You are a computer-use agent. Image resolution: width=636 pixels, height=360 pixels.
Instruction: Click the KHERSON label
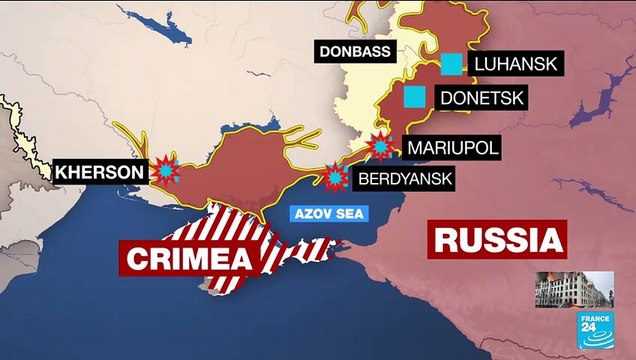click(99, 172)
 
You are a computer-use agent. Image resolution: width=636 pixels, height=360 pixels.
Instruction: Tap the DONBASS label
click(354, 51)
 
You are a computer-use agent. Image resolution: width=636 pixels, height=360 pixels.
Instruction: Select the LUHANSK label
click(518, 64)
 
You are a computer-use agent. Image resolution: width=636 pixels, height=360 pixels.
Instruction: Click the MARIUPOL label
click(452, 147)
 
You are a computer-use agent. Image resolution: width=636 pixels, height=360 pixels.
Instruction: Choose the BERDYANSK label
click(403, 180)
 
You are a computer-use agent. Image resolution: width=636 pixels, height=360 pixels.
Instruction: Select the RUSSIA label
click(497, 240)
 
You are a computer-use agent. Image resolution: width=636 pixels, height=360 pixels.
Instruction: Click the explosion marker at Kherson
click(165, 170)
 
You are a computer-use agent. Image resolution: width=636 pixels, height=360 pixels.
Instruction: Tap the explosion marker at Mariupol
click(380, 146)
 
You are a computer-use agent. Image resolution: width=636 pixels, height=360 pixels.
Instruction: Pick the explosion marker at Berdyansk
click(334, 179)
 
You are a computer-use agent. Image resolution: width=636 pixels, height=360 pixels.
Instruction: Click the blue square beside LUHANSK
click(452, 64)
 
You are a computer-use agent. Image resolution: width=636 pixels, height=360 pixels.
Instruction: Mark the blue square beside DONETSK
click(414, 97)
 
